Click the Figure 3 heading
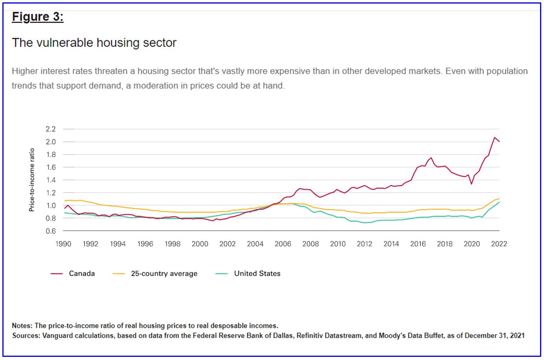(38, 17)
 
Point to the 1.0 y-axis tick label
(51, 206)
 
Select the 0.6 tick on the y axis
(51, 231)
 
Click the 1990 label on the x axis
(63, 244)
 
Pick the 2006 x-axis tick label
(283, 244)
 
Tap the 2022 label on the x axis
(499, 244)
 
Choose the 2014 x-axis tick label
(391, 244)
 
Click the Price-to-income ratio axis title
(32, 180)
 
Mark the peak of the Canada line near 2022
(494, 137)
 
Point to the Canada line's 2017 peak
(431, 158)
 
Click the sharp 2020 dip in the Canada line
(471, 184)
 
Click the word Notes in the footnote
(22, 326)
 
